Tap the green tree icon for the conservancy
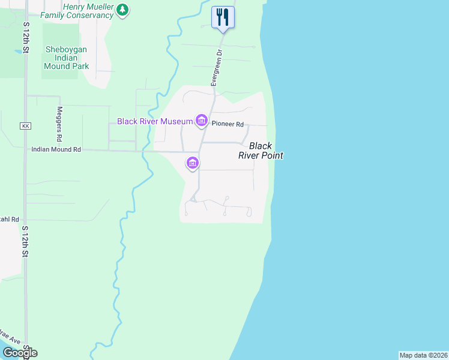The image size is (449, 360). pyautogui.click(x=122, y=10)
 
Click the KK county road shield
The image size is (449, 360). pyautogui.click(x=25, y=126)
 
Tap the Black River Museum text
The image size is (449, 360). pyautogui.click(x=154, y=121)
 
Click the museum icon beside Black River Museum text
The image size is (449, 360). pyautogui.click(x=201, y=121)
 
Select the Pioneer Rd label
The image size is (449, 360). pyautogui.click(x=228, y=125)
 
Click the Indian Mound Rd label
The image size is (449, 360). pyautogui.click(x=56, y=149)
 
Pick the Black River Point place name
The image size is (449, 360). pyautogui.click(x=265, y=151)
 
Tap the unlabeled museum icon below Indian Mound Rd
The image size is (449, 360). pyautogui.click(x=193, y=163)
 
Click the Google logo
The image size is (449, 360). pyautogui.click(x=19, y=353)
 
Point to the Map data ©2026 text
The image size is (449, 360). pyautogui.click(x=423, y=355)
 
